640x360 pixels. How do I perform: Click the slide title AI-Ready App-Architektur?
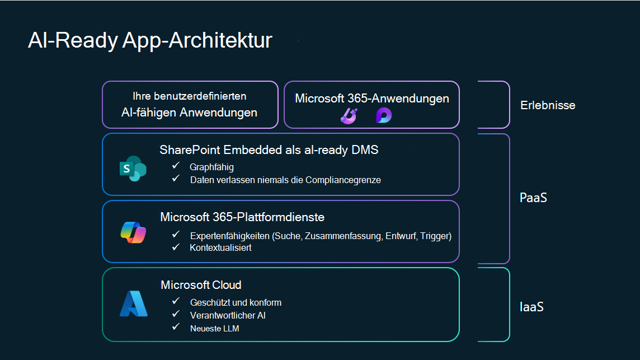[150, 41]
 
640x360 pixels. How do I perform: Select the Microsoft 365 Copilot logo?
[133, 232]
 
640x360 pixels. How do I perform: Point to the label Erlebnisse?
[547, 105]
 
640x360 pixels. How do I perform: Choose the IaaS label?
[531, 307]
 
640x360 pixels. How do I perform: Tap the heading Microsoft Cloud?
[201, 285]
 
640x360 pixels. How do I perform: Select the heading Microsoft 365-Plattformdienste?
[242, 217]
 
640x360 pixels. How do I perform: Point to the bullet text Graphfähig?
[211, 167]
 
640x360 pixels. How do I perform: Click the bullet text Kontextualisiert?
[220, 247]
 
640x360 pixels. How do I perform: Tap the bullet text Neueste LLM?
[214, 328]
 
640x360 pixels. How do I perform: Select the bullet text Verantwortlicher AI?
[228, 315]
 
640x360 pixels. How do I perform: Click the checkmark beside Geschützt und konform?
[176, 302]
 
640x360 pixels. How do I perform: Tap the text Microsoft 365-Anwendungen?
[371, 99]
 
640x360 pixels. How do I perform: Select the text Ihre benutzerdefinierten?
[189, 96]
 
